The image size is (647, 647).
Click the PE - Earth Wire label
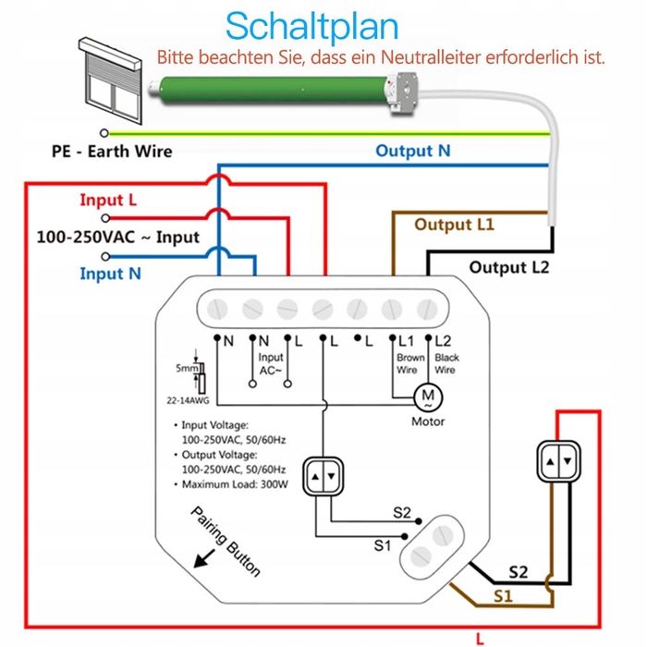pyautogui.click(x=112, y=151)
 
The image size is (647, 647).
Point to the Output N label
pyautogui.click(x=412, y=151)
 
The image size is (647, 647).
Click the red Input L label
pyautogui.click(x=108, y=200)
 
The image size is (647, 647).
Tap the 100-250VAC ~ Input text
pyautogui.click(x=117, y=237)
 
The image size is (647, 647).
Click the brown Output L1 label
pyautogui.click(x=454, y=225)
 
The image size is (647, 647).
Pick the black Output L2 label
pyautogui.click(x=509, y=267)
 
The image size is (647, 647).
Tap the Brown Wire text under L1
pyautogui.click(x=409, y=363)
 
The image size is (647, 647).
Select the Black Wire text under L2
pyautogui.click(x=446, y=363)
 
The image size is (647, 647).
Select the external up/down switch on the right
pyautogui.click(x=559, y=459)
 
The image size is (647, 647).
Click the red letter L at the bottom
pyautogui.click(x=479, y=637)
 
